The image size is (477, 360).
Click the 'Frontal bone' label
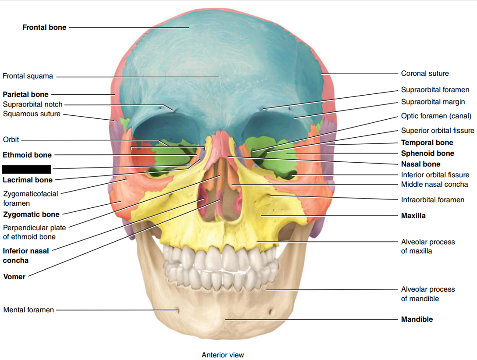(x=44, y=27)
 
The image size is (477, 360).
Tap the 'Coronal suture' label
(x=425, y=73)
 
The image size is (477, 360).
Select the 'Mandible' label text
(x=416, y=319)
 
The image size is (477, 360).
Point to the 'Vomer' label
(x=14, y=277)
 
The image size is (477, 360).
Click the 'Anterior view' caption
(x=223, y=355)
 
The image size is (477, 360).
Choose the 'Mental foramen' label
(x=28, y=310)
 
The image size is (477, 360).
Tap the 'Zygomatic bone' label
(x=31, y=214)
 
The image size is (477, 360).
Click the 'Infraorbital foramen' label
(x=432, y=200)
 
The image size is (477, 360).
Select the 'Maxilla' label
(x=413, y=216)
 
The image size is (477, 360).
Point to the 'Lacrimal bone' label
(x=28, y=180)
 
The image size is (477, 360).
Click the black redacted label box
(x=27, y=169)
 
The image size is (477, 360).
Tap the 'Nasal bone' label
(x=420, y=164)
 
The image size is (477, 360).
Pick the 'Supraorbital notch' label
(x=32, y=104)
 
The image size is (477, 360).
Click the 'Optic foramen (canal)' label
(x=436, y=116)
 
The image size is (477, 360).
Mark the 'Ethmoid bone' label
(x=27, y=155)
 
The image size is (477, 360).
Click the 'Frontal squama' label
(x=28, y=76)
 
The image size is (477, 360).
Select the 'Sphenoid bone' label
(x=427, y=153)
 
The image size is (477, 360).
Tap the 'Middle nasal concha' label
(x=434, y=184)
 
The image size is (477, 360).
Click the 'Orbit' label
(x=11, y=140)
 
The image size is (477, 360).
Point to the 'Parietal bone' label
(x=26, y=94)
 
